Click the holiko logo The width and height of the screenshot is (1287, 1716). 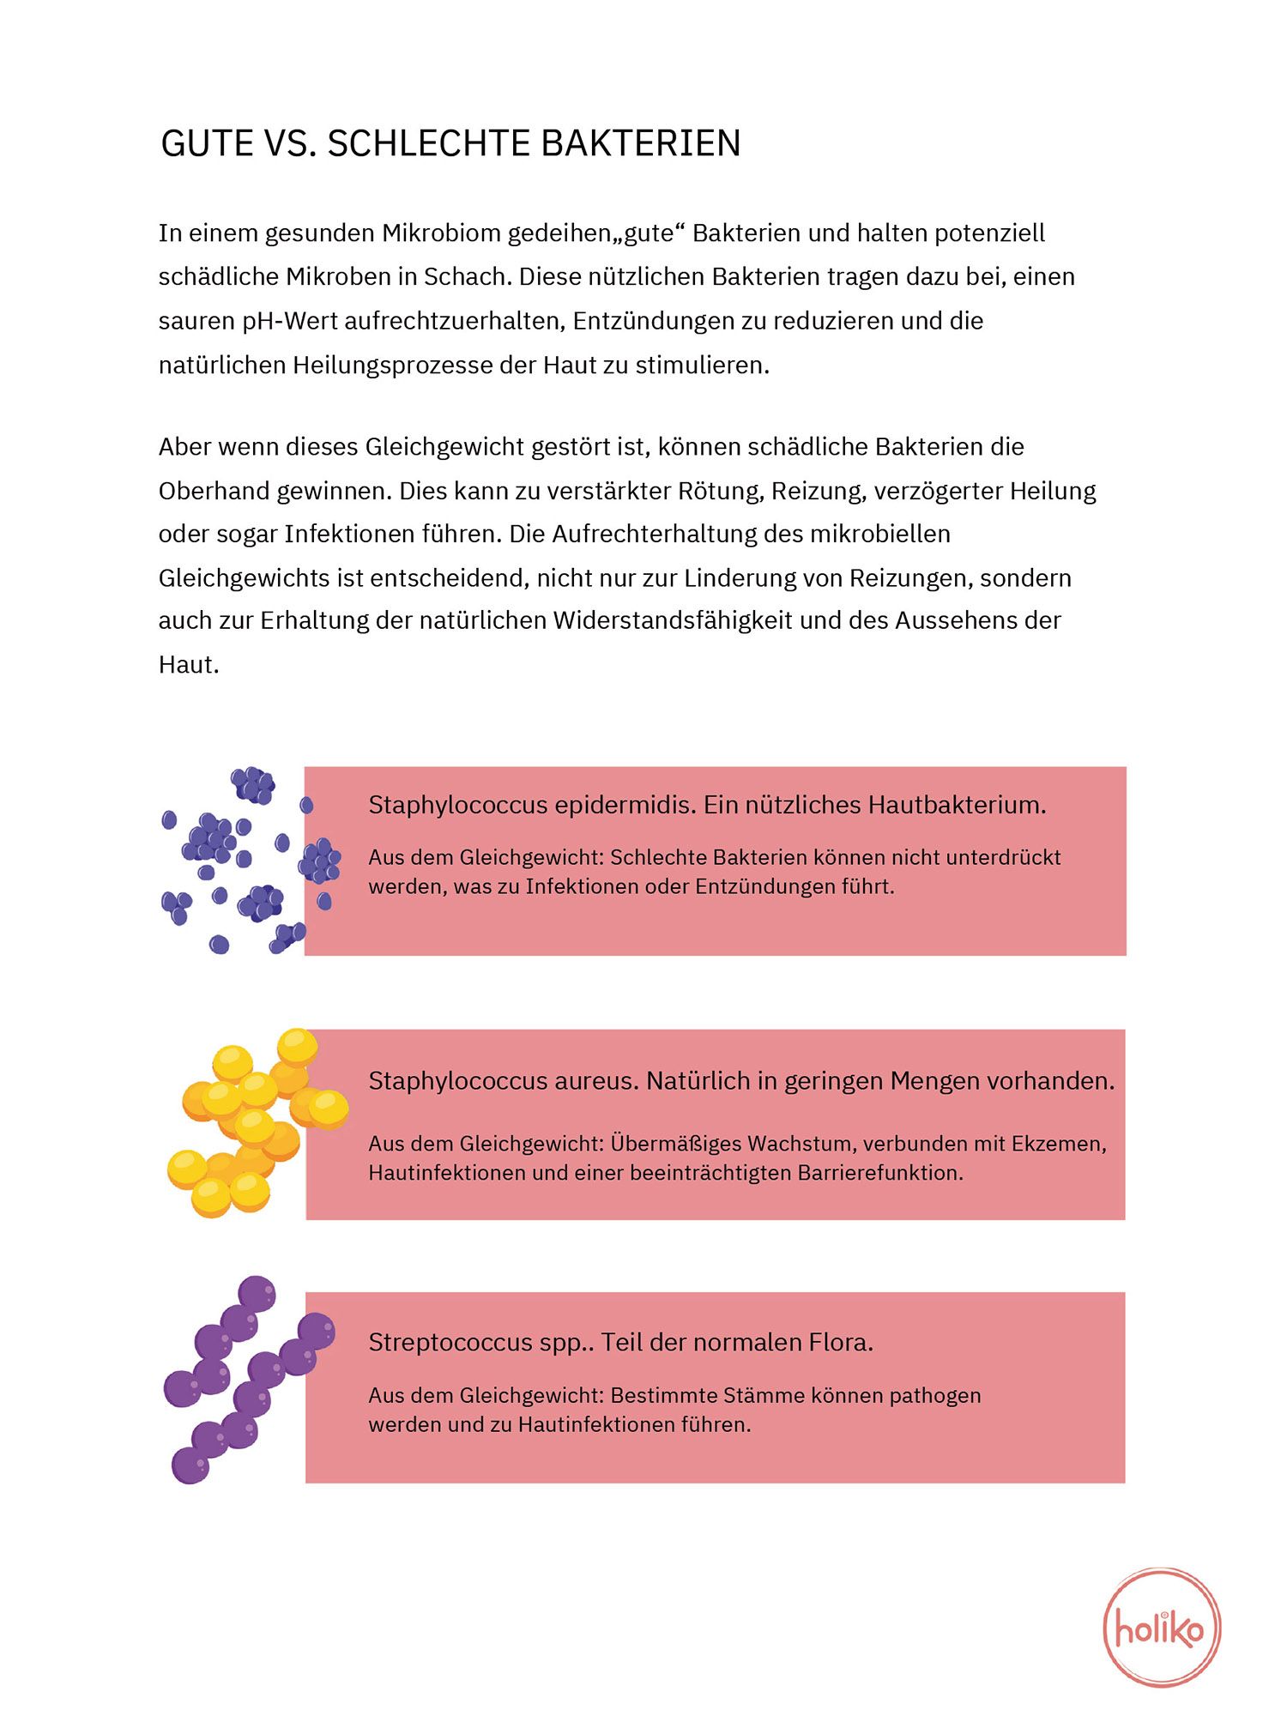coord(1161,1627)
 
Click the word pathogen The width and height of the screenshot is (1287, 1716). coord(934,1396)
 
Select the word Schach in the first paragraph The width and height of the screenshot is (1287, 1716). coord(463,277)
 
